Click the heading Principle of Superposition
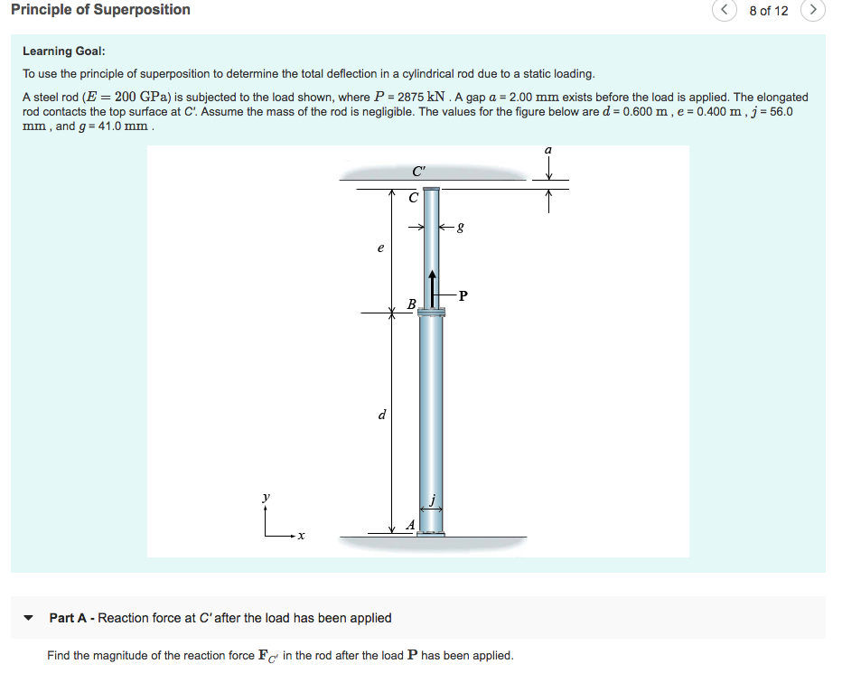click(x=100, y=10)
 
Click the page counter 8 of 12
click(x=769, y=11)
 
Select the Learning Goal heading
click(x=64, y=51)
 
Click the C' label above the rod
click(x=418, y=171)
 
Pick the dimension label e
click(x=380, y=247)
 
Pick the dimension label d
click(x=381, y=416)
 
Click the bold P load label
click(x=463, y=294)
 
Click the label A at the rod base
click(x=411, y=524)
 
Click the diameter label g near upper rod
click(x=462, y=229)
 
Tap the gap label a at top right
click(x=547, y=150)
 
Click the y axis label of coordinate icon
click(x=266, y=498)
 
